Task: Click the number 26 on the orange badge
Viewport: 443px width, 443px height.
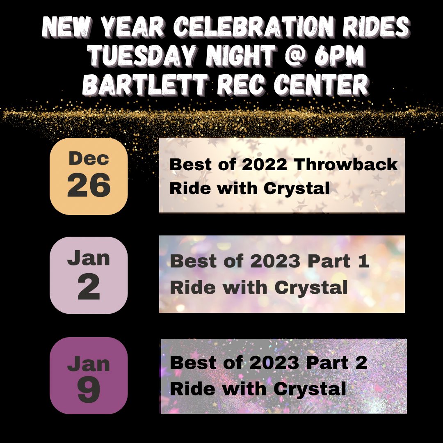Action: [x=89, y=185]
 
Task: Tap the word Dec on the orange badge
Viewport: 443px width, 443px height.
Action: [x=89, y=158]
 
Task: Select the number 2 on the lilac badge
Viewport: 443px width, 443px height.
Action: [x=89, y=287]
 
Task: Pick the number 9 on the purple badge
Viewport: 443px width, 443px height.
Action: [x=89, y=390]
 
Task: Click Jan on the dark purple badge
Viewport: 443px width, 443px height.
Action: [x=89, y=363]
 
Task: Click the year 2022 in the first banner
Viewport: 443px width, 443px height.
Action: [x=265, y=164]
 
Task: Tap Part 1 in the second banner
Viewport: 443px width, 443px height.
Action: [x=338, y=261]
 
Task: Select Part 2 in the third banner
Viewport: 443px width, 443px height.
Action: [x=336, y=363]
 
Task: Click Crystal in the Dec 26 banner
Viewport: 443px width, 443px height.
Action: [x=297, y=189]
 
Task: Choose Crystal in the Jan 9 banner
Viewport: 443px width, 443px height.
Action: [x=310, y=389]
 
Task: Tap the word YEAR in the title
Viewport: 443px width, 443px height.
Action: [x=132, y=27]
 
